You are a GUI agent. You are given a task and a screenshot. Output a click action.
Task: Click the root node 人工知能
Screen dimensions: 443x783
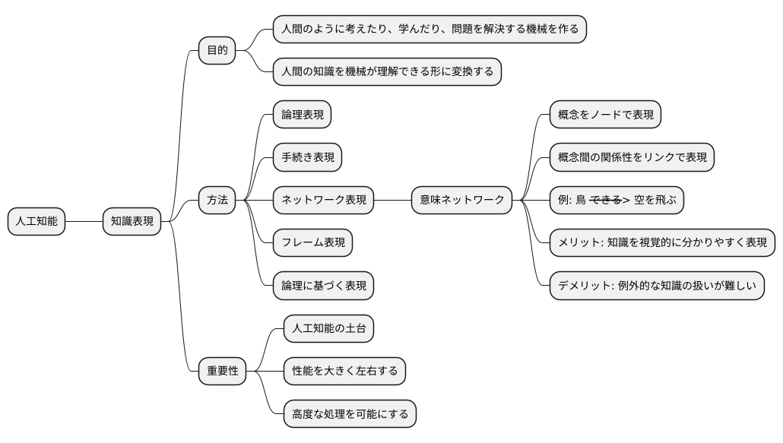[36, 222]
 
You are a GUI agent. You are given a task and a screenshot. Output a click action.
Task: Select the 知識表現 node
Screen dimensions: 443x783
[132, 222]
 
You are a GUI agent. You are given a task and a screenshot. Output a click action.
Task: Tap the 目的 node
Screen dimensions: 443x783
[217, 51]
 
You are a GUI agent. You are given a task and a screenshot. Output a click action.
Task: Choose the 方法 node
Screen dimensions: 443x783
[217, 201]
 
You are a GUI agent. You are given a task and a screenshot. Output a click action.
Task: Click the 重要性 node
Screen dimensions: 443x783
[222, 372]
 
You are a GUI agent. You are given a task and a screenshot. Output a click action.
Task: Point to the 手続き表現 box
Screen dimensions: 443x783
[306, 157]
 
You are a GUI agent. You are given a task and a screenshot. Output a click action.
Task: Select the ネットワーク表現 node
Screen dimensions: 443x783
[323, 201]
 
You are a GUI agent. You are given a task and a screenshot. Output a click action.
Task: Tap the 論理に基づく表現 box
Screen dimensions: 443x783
[323, 286]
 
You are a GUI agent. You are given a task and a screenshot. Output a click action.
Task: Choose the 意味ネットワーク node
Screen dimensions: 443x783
[462, 201]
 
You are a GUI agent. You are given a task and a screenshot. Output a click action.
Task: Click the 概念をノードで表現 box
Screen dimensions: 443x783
[605, 115]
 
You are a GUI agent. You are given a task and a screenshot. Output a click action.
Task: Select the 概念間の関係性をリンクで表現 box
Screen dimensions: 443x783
[632, 157]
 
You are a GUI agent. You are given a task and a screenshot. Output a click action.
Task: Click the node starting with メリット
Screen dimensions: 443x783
[661, 243]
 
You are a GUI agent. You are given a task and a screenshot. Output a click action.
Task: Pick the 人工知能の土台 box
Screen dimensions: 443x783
[328, 329]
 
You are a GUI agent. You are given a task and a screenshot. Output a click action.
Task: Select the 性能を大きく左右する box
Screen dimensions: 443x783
[344, 372]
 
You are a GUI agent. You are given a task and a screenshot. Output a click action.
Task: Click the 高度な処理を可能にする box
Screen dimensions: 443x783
[350, 414]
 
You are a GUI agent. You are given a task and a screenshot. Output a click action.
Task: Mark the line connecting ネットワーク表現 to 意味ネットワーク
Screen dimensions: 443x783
[393, 201]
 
